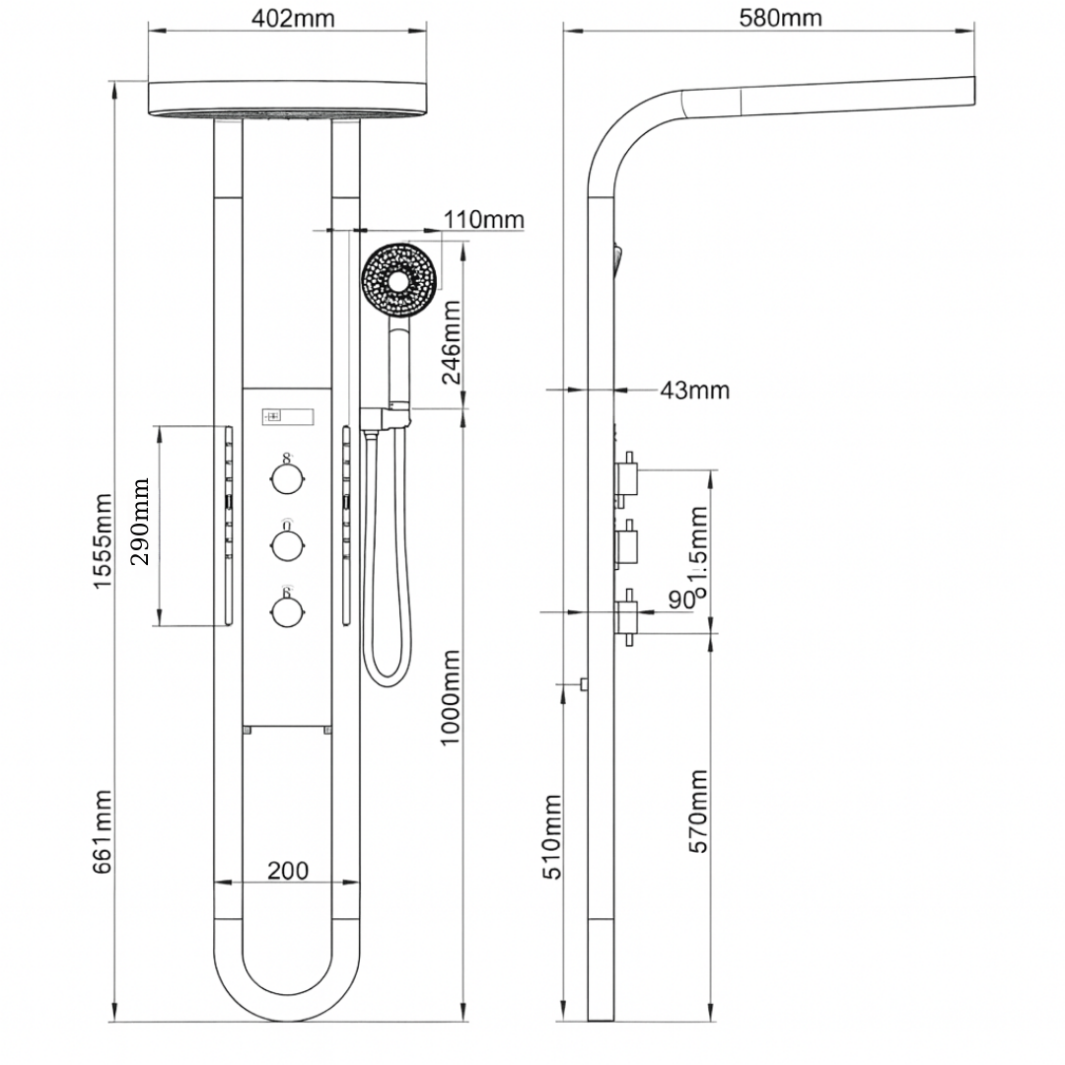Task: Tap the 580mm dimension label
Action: pos(779,18)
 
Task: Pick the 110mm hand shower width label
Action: pos(483,219)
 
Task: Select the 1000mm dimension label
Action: pos(451,697)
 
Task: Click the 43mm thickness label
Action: pos(694,390)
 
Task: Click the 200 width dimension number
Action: pos(288,870)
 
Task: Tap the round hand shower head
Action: pos(399,280)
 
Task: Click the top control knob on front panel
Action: pos(286,479)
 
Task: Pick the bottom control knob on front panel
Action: pos(286,611)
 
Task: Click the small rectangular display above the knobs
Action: pos(287,415)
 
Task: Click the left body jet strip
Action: pos(229,525)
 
